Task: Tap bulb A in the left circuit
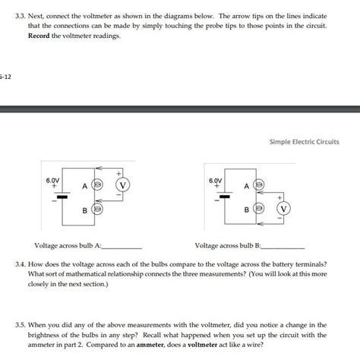(x=97, y=185)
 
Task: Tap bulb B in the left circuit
(x=97, y=208)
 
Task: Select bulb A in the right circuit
(x=259, y=185)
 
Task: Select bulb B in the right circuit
(x=259, y=208)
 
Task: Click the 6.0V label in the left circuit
(x=52, y=181)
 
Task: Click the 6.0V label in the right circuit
(x=216, y=181)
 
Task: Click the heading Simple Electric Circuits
(x=304, y=142)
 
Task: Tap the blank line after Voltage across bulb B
(x=283, y=248)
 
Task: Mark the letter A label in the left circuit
(x=86, y=185)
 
